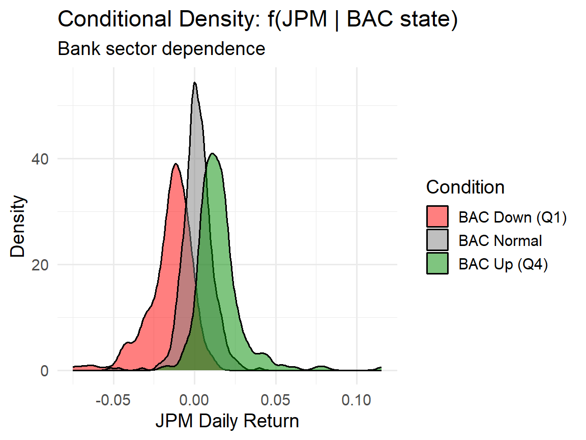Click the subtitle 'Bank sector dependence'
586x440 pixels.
[x=161, y=49]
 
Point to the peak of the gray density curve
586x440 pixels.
[x=195, y=83]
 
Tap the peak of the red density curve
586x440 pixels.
[x=175, y=164]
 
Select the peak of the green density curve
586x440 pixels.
[x=213, y=154]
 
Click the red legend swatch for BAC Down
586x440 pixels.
[x=437, y=216]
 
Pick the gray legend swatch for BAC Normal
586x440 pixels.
[x=437, y=240]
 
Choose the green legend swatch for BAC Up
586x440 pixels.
[x=437, y=264]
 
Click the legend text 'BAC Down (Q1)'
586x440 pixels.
[x=512, y=217]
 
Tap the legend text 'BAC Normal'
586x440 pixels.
[x=500, y=240]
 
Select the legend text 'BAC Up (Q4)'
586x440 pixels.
[x=503, y=264]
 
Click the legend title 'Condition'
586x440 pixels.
[x=465, y=187]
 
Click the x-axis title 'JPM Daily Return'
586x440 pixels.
[x=227, y=421]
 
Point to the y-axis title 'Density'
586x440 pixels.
[x=18, y=227]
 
